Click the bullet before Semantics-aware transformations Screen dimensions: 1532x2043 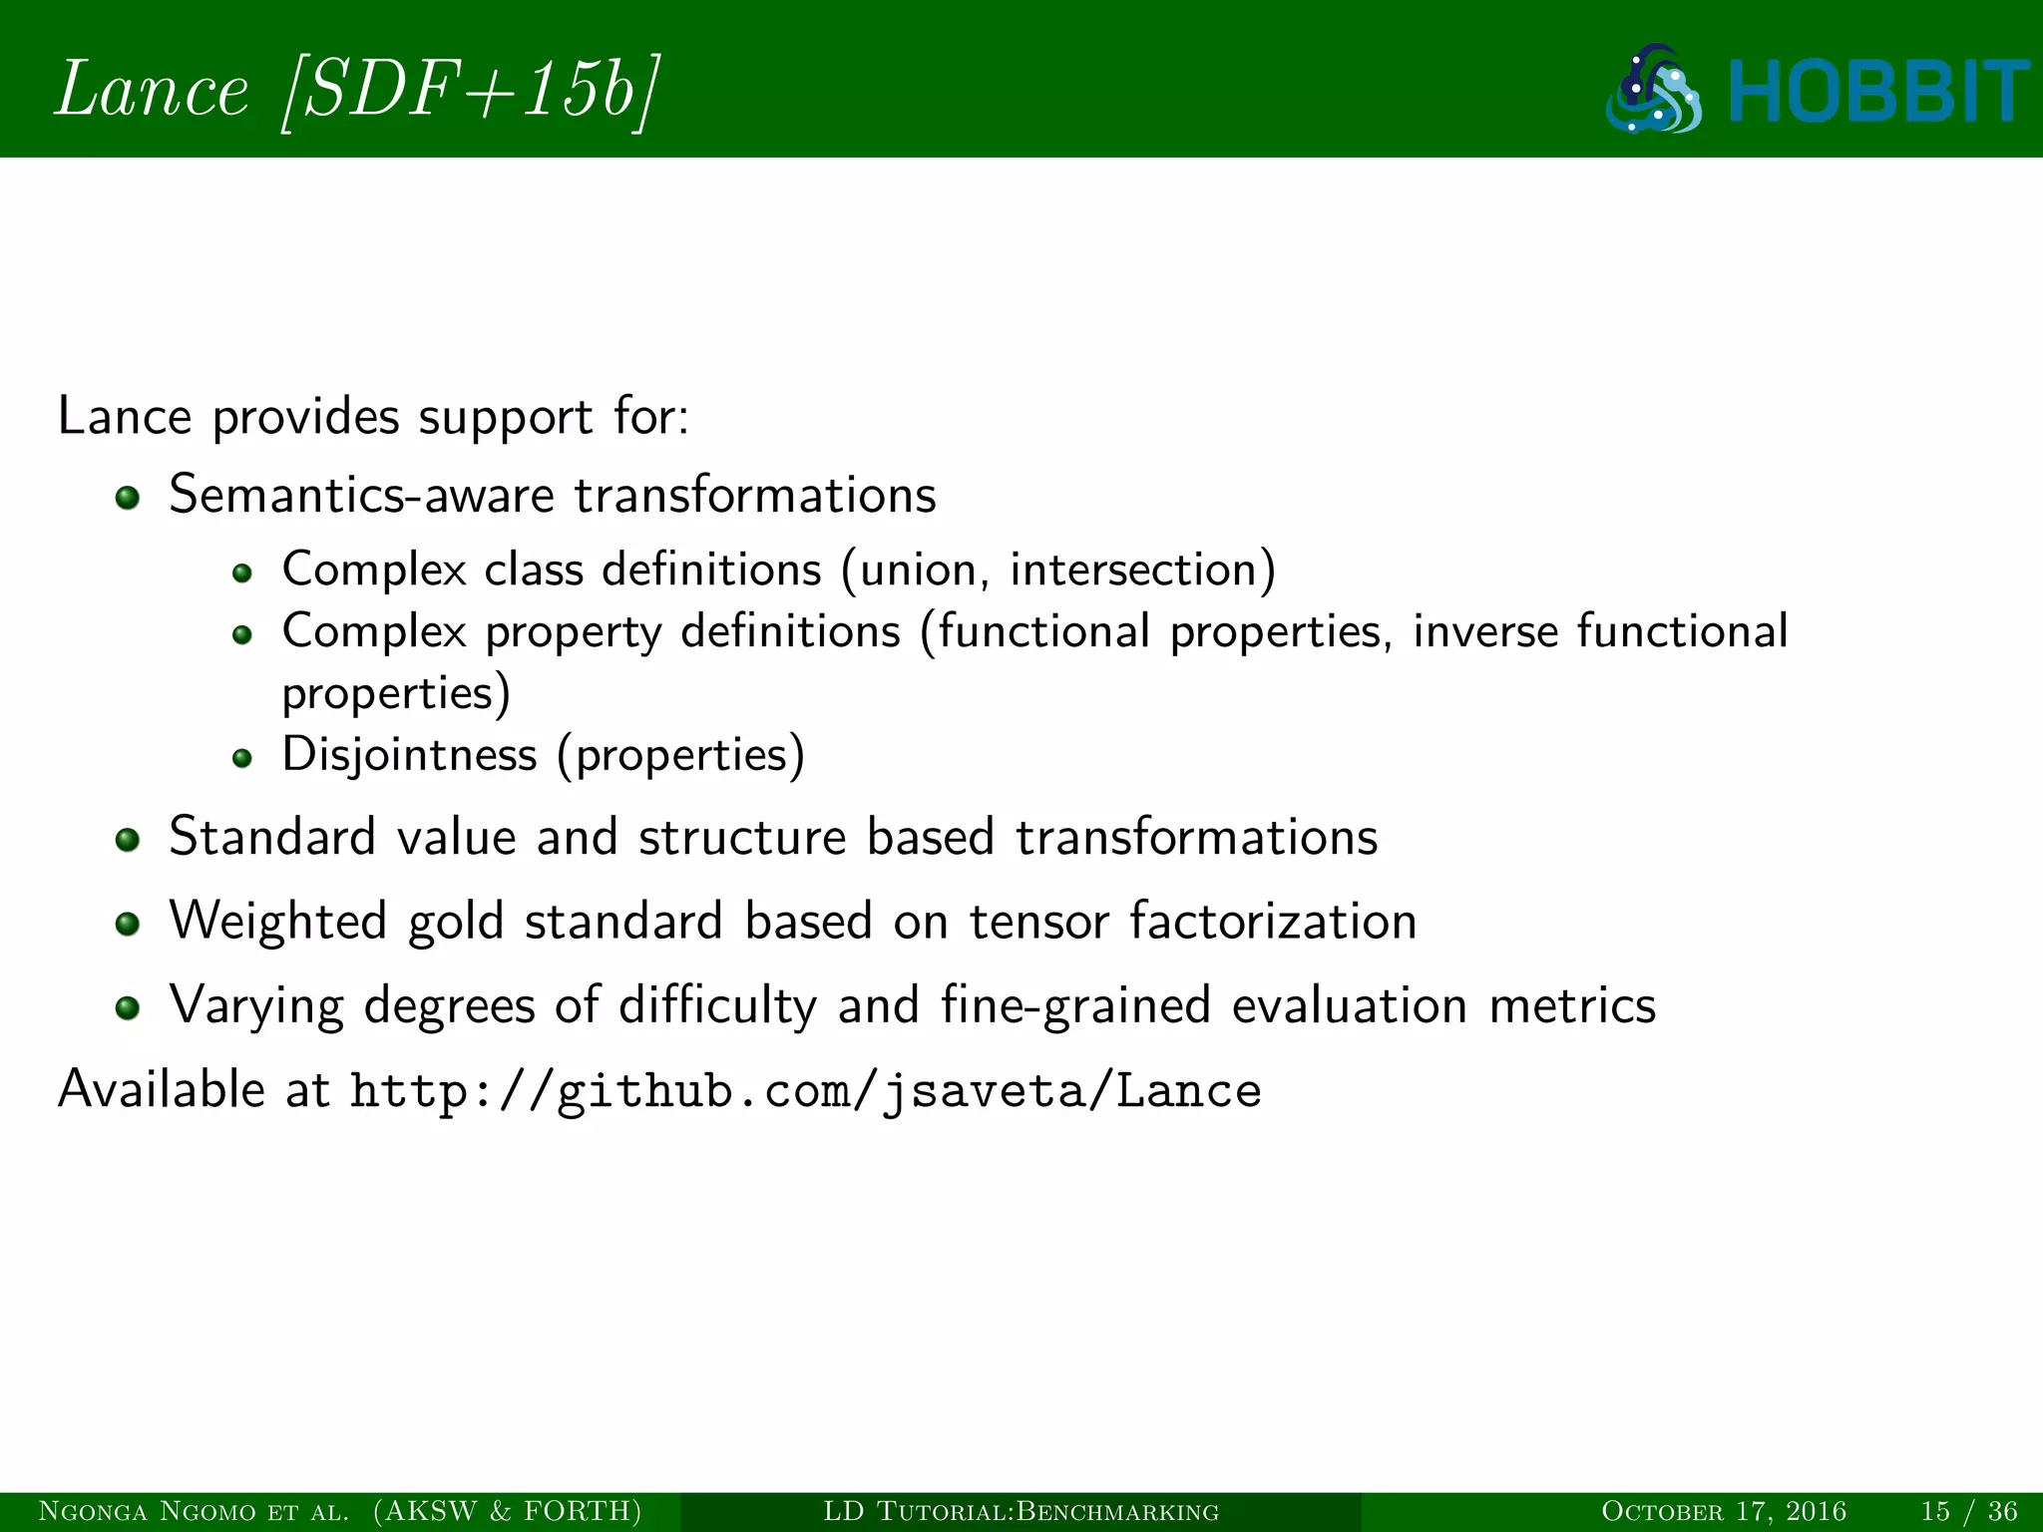pyautogui.click(x=127, y=497)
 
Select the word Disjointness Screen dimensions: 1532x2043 pyautogui.click(x=409, y=755)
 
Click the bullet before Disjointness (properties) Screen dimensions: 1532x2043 pyautogui.click(x=241, y=758)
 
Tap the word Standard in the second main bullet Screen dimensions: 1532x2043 pyautogui.click(x=271, y=836)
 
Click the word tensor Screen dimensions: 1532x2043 pyautogui.click(x=1038, y=921)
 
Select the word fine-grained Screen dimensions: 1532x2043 pyautogui.click(x=1075, y=1005)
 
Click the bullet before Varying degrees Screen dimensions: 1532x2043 pyautogui.click(x=127, y=1007)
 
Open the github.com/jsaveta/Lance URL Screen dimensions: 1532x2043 pyautogui.click(x=805, y=1091)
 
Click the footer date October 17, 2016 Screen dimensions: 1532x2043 pyautogui.click(x=1723, y=1511)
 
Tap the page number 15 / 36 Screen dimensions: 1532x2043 pyautogui.click(x=1968, y=1511)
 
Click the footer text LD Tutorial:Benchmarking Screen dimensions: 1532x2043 pyautogui.click(x=1021, y=1511)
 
